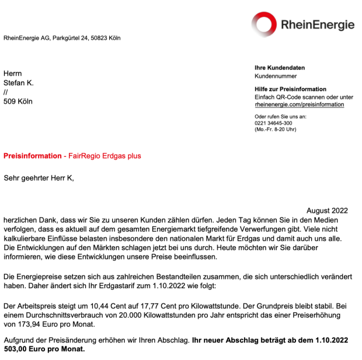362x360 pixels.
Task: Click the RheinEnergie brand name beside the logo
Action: pyautogui.click(x=318, y=25)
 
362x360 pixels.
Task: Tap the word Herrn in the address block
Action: pyautogui.click(x=13, y=73)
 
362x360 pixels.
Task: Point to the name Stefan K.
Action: pyautogui.click(x=19, y=82)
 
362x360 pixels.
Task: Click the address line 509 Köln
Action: pyautogui.click(x=18, y=101)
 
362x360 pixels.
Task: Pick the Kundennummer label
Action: pyautogui.click(x=276, y=76)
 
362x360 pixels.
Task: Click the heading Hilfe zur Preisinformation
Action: pyautogui.click(x=290, y=89)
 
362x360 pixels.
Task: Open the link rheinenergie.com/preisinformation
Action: pyautogui.click(x=300, y=105)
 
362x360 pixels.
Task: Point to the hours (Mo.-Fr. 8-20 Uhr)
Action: pyautogui.click(x=276, y=129)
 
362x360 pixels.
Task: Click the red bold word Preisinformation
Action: pyautogui.click(x=32, y=156)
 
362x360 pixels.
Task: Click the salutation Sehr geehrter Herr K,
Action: pyautogui.click(x=39, y=178)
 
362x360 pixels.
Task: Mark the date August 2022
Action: pyautogui.click(x=327, y=210)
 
